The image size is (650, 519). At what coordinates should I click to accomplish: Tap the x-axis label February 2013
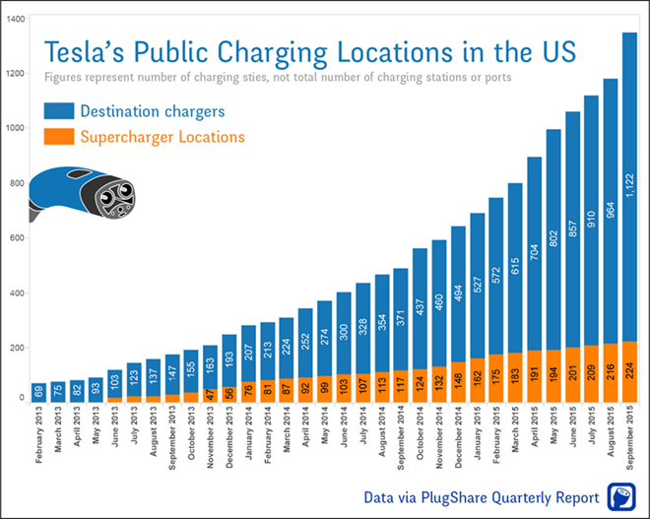pos(39,434)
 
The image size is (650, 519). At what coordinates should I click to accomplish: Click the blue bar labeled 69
pos(39,392)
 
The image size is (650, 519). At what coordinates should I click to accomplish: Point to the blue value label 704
pos(533,255)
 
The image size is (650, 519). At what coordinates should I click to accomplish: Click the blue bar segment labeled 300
pos(343,331)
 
